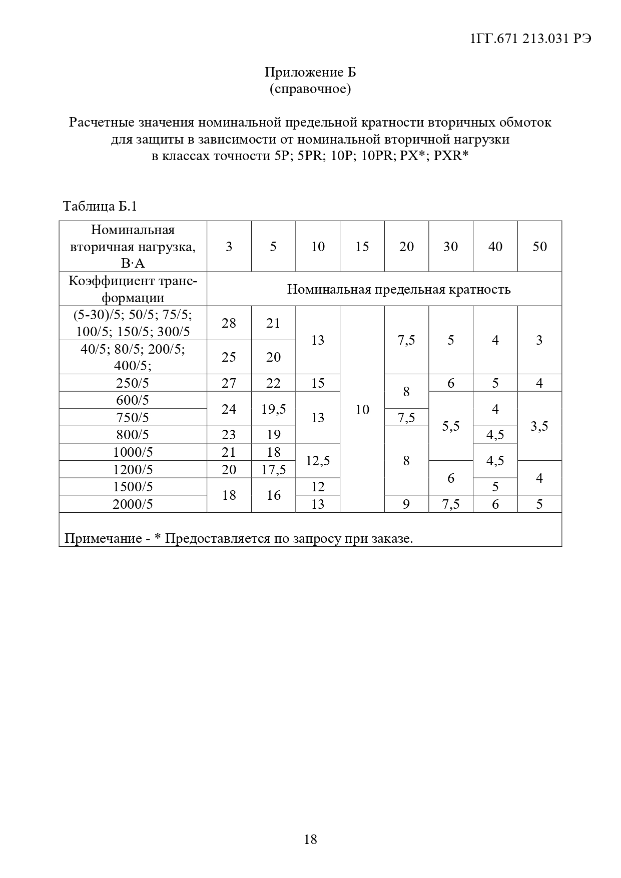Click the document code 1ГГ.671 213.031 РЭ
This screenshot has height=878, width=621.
click(x=531, y=39)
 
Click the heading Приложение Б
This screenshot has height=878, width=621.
click(x=310, y=73)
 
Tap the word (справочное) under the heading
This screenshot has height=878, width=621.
click(x=310, y=90)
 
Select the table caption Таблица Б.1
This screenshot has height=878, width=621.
click(x=100, y=206)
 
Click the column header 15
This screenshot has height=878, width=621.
click(x=362, y=247)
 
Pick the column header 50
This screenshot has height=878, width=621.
click(x=539, y=247)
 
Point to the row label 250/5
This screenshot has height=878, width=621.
click(x=133, y=383)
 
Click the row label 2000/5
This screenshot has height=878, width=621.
click(x=133, y=504)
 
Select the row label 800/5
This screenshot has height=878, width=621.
click(x=133, y=435)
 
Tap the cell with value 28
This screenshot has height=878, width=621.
click(x=229, y=323)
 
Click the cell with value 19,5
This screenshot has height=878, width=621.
click(x=273, y=409)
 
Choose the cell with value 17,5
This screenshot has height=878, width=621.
click(x=273, y=470)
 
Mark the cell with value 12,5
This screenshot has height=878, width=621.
click(x=318, y=461)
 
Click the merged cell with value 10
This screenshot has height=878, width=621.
click(x=362, y=410)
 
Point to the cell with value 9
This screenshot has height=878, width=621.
click(x=406, y=504)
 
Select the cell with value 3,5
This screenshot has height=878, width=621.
click(x=539, y=426)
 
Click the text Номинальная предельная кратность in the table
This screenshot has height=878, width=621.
click(x=398, y=290)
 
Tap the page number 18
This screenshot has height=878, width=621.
click(x=310, y=839)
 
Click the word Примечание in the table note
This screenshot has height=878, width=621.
click(x=103, y=539)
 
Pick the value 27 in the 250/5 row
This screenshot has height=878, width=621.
click(x=229, y=383)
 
